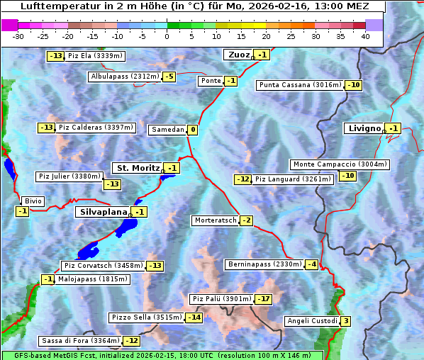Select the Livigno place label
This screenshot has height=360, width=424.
coord(363,128)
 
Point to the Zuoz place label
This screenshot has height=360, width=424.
coord(237,55)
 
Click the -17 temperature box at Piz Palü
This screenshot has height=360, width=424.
coord(263,299)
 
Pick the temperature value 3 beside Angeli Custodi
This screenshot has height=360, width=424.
coord(345,321)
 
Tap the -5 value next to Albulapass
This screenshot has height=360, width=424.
coord(169,77)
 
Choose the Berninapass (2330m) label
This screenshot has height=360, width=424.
coord(264,264)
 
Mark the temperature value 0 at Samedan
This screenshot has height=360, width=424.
coord(192,130)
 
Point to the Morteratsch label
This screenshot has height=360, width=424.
coord(215,220)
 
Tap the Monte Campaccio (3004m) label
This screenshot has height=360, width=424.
coord(340,164)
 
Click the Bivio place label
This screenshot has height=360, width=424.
coord(33,201)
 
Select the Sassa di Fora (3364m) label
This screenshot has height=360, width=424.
coord(80,341)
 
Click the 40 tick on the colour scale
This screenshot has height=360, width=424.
coord(365,35)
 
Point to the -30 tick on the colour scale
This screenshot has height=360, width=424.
coord(18,35)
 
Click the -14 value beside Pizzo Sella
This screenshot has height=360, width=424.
coord(194,317)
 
